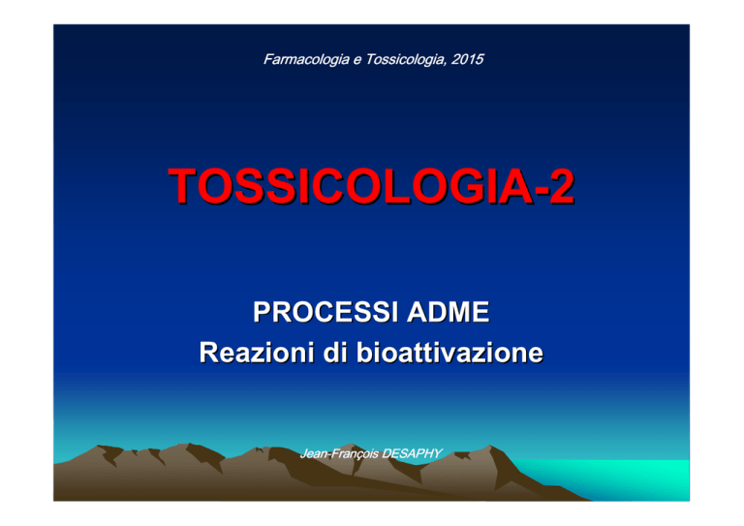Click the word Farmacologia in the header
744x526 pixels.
click(306, 60)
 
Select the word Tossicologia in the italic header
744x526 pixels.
click(406, 60)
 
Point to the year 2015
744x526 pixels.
click(467, 59)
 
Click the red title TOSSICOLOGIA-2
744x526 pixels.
click(372, 186)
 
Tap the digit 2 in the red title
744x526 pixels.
click(562, 186)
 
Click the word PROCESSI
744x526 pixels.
click(325, 312)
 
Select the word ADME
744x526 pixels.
click(448, 312)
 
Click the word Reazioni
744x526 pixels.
click(257, 353)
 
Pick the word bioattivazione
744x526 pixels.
click(449, 353)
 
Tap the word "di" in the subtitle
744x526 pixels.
click(335, 353)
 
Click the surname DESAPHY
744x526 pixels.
click(412, 453)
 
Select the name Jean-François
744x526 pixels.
click(339, 454)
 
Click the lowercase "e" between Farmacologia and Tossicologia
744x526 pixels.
click(357, 60)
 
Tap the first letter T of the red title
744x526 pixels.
click(185, 186)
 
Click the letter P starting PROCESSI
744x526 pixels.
click(262, 312)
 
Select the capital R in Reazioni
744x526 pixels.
click(209, 353)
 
